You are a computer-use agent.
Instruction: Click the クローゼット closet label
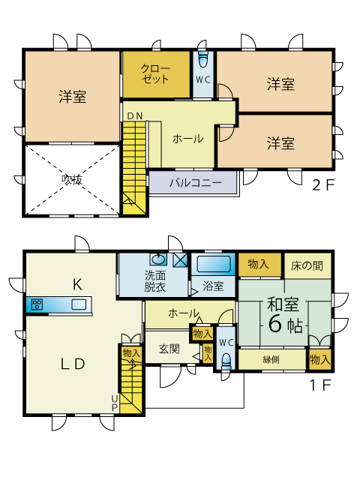(155, 73)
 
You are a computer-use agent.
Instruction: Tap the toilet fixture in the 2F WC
(203, 59)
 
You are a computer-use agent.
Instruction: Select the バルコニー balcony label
(195, 183)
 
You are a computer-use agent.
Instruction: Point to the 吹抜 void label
(72, 179)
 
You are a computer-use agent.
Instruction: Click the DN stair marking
(135, 116)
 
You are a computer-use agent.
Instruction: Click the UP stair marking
(114, 403)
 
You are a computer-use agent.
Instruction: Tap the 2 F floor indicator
(323, 185)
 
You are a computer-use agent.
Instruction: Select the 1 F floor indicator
(321, 385)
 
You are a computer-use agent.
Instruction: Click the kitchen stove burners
(37, 304)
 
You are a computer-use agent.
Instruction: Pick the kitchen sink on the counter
(79, 304)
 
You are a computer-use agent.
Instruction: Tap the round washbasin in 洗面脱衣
(158, 259)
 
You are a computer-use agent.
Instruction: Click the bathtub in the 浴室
(214, 264)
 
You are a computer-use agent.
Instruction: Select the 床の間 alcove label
(307, 265)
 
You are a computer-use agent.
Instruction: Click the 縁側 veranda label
(271, 359)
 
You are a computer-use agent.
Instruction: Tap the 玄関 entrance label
(169, 349)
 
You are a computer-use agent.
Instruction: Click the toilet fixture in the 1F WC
(226, 361)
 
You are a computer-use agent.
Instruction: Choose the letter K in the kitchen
(77, 285)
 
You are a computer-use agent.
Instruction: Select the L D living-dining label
(73, 364)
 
